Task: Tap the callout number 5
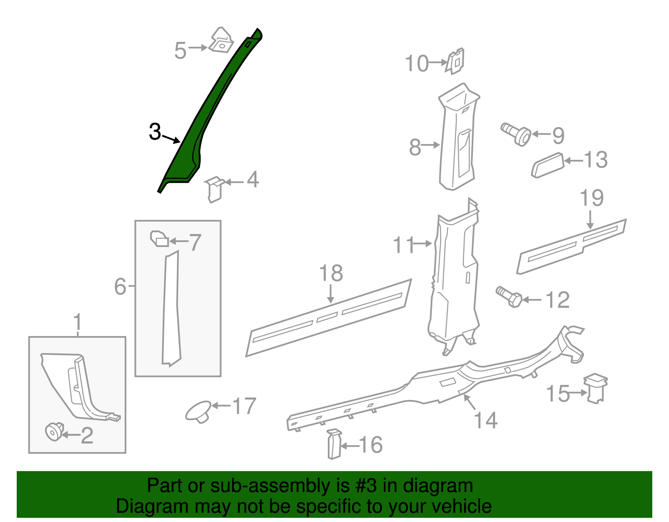click(180, 51)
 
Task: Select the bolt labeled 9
click(516, 134)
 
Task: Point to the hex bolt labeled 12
click(509, 297)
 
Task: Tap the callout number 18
click(331, 273)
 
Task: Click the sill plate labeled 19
click(572, 247)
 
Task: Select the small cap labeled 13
click(548, 165)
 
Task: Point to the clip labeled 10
click(455, 61)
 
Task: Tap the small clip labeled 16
click(334, 444)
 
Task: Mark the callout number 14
click(486, 420)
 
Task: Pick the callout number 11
click(404, 245)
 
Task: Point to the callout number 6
click(120, 286)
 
